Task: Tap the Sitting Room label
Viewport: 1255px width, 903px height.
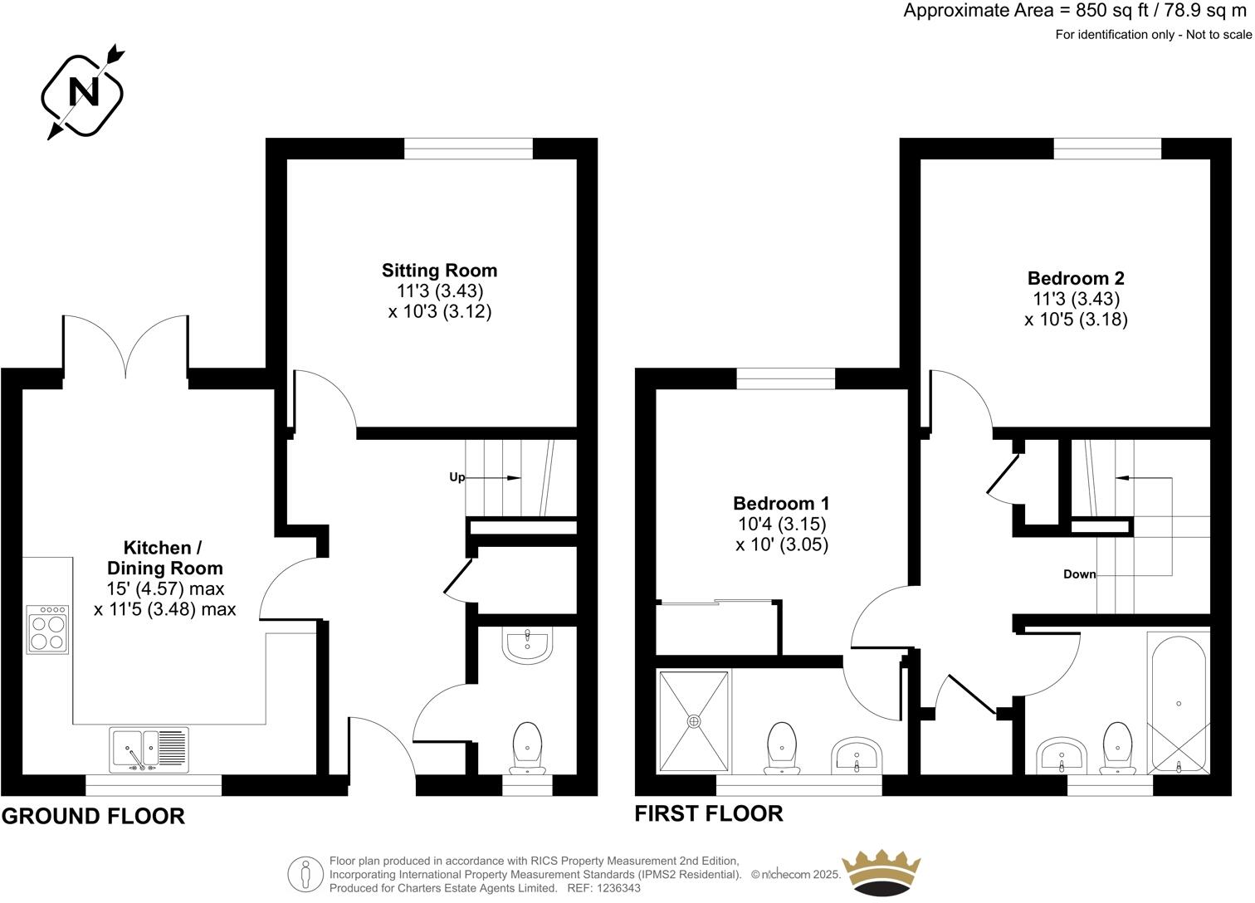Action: click(x=439, y=271)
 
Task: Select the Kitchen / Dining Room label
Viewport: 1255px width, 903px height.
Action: click(x=164, y=558)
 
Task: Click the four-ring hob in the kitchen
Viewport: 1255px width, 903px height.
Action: click(x=48, y=630)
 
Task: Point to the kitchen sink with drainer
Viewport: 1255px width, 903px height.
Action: click(x=149, y=749)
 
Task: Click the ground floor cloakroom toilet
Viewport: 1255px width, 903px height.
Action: click(x=528, y=746)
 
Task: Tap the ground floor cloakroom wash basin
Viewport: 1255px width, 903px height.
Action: click(x=528, y=645)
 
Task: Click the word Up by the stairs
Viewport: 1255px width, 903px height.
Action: click(x=457, y=477)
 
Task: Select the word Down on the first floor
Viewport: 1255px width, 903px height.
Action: click(x=1079, y=574)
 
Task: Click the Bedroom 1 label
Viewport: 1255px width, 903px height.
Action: click(x=780, y=504)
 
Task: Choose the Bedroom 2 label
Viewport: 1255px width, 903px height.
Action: click(x=1076, y=278)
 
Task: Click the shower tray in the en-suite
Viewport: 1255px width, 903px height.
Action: click(x=694, y=721)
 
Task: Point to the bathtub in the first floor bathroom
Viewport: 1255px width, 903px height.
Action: click(x=1179, y=702)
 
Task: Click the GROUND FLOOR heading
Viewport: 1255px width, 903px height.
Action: click(x=93, y=816)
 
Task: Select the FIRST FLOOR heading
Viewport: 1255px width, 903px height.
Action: click(x=708, y=813)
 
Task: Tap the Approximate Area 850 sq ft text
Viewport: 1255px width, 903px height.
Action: click(x=1077, y=11)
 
